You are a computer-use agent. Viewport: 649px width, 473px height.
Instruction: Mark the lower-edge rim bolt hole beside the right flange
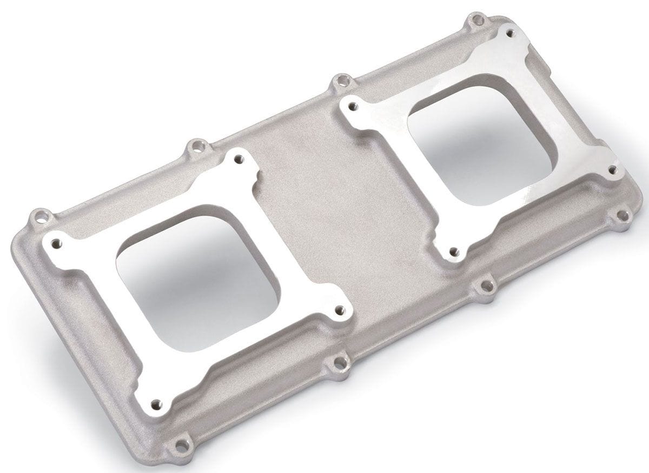485,286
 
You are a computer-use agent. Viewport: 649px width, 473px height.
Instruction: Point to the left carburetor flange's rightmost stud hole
339,310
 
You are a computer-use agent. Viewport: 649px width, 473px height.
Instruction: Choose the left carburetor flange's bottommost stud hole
156,403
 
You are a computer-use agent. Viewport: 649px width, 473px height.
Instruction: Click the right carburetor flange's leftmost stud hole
353,105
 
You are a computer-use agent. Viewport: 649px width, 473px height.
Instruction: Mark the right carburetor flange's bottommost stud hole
454,251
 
